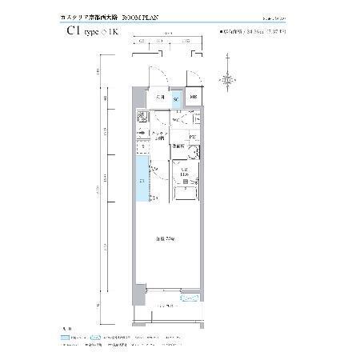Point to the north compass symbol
[230, 79]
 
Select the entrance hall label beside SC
[160, 98]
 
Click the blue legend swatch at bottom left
[67, 338]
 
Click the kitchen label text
[161, 136]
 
